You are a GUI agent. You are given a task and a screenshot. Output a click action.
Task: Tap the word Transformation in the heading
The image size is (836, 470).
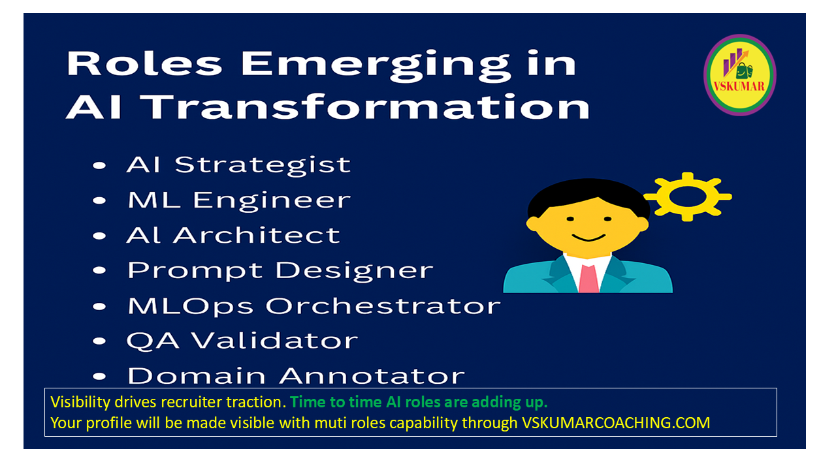coord(366,107)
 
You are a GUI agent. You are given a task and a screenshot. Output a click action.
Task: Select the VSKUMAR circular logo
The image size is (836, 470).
coord(740,75)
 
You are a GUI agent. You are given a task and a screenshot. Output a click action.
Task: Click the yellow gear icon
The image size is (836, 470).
coord(688,196)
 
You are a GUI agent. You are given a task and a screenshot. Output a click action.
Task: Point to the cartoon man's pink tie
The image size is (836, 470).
coord(588,278)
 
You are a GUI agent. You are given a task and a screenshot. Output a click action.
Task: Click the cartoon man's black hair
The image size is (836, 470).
coord(588,196)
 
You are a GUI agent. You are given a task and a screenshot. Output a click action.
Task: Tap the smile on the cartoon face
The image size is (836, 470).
coord(588,238)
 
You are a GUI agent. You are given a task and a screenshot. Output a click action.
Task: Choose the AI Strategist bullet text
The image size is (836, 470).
coord(239,165)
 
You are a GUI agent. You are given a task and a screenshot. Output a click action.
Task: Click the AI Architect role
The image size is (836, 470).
coord(234,236)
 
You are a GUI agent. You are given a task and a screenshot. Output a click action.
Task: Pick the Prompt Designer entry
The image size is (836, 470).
coord(280,271)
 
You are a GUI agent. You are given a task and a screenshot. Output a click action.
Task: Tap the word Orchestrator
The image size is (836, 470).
coord(383,306)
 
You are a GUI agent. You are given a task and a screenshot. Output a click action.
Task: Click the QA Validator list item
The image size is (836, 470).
coord(242,341)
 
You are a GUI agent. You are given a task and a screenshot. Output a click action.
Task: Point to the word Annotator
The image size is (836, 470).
coord(372,375)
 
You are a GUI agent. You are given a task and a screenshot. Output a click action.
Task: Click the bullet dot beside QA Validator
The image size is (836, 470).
coord(99,341)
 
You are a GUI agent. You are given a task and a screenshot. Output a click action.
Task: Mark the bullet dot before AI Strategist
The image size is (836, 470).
coord(99,166)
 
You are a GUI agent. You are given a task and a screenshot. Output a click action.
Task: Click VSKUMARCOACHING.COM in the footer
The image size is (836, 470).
coord(616,423)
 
